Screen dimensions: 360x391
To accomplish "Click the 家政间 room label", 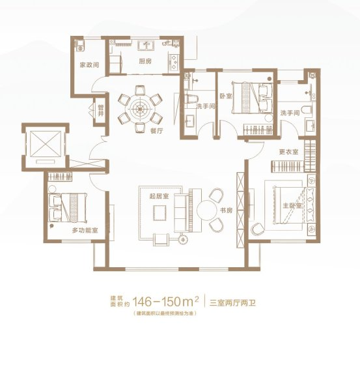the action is point(89,65).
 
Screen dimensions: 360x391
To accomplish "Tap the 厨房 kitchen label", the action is point(145,61).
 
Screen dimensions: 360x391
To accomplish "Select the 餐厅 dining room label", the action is point(157,130).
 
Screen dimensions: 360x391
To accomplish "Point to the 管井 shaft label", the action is point(101,111).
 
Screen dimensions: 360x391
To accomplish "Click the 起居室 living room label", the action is point(159,196).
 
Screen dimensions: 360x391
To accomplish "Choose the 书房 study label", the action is point(226,210).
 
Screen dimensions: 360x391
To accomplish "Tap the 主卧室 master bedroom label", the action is point(292,206).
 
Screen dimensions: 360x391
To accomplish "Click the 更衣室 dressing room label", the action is point(288,152).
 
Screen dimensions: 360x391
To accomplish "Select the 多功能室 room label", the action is point(85,231).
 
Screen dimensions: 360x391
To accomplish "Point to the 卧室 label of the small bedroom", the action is point(226,96).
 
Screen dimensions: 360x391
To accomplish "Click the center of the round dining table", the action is point(140,109).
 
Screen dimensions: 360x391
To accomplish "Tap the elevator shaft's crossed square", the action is point(46,144).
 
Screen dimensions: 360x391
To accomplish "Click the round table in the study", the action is point(206,210).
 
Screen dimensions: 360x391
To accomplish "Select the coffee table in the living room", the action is point(159,212).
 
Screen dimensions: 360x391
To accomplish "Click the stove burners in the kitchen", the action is point(174,62).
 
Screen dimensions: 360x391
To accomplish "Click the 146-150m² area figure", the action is point(166,302).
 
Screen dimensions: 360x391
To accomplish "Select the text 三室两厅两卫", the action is point(232,303).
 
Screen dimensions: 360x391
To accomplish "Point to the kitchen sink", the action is point(146,46).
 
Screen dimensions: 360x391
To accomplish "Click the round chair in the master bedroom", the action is point(258,229).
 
